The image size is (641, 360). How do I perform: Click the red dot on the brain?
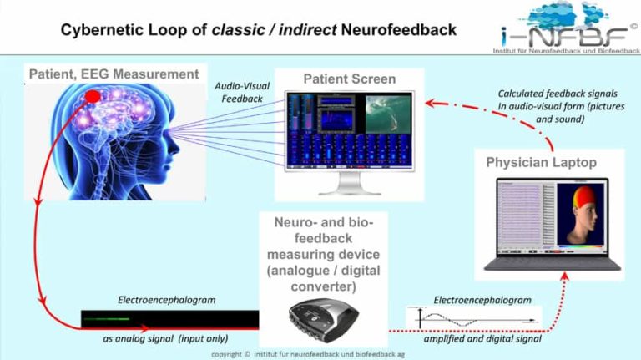(x=93, y=99)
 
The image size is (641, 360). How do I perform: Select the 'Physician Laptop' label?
(x=541, y=162)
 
